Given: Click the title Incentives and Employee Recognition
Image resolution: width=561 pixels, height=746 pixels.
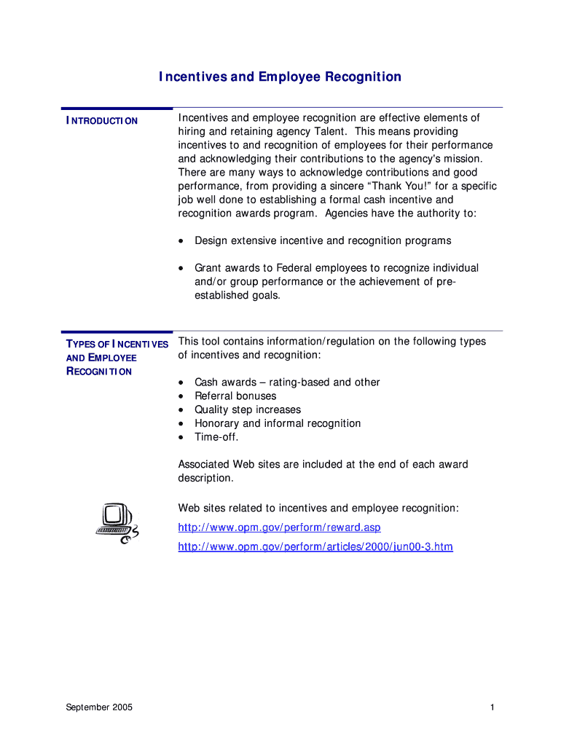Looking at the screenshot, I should [x=280, y=77].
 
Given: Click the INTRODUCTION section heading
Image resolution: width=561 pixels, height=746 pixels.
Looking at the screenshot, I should [x=102, y=121].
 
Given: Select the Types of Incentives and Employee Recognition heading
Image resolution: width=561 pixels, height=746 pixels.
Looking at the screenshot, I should [x=117, y=357].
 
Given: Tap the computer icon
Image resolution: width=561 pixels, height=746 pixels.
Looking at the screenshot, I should [x=117, y=523].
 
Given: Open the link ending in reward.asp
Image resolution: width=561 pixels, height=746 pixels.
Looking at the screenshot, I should [x=279, y=527].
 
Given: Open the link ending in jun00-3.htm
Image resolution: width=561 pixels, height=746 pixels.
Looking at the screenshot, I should [x=315, y=546].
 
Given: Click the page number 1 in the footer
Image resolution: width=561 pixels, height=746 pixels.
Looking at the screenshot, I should [x=493, y=707].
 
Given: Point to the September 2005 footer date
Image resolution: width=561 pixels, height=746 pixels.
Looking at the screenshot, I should [x=99, y=707].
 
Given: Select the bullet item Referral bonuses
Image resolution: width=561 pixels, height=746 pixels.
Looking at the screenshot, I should [x=235, y=396].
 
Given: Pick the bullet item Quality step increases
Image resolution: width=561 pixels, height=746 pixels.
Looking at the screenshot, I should [x=248, y=409].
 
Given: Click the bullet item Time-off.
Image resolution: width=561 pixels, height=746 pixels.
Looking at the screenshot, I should [x=216, y=437].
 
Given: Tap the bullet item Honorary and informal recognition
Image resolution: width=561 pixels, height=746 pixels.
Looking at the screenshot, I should [x=278, y=423].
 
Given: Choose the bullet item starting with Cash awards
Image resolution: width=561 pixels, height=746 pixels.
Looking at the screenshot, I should [x=287, y=382].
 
